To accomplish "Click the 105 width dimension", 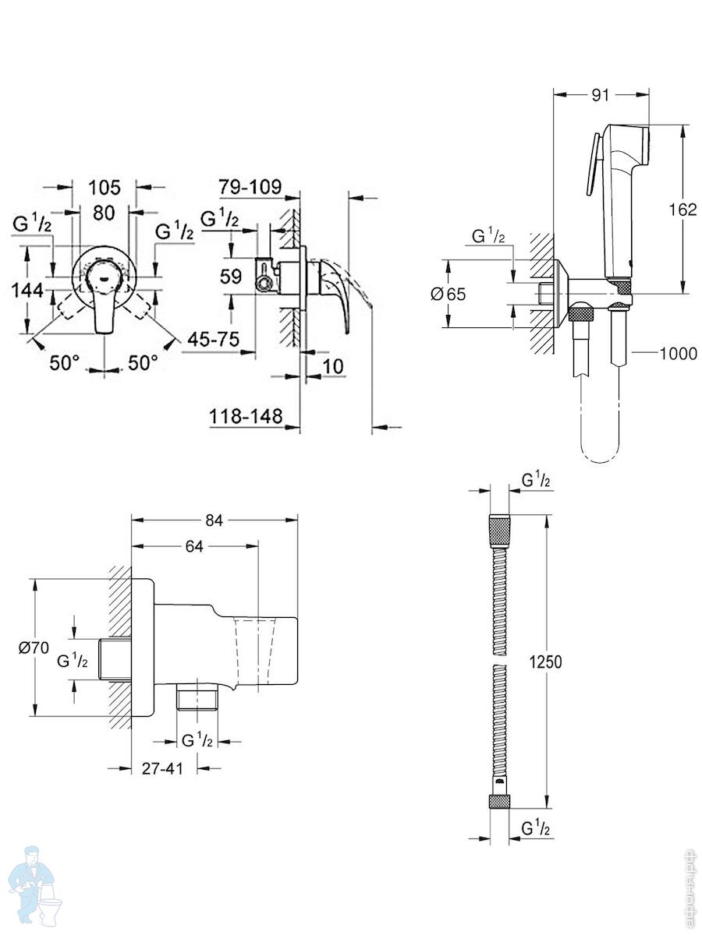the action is (105, 187).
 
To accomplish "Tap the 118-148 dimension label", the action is (246, 416).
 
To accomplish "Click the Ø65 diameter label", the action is (448, 294).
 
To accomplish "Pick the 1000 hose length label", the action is (678, 353).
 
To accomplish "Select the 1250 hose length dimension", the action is (545, 662).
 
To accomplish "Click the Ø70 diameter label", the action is (34, 648).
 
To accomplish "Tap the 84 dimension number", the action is (214, 520).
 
